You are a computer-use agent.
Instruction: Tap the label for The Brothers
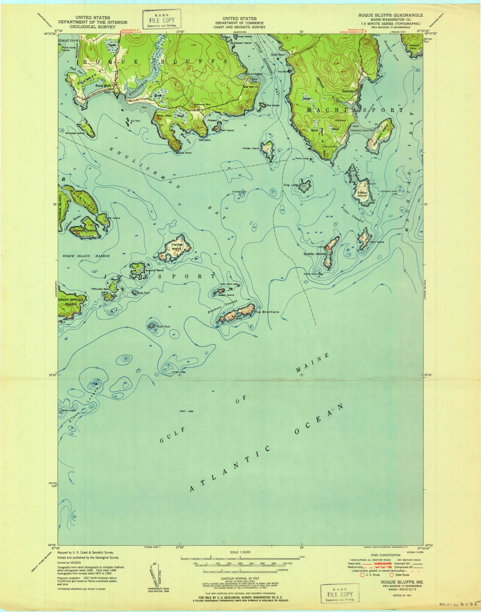(266, 312)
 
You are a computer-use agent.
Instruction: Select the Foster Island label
(362, 194)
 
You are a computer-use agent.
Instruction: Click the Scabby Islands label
(315, 254)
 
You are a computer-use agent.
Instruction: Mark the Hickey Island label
(251, 148)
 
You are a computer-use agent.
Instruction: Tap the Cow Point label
(185, 153)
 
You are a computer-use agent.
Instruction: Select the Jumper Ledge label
(179, 372)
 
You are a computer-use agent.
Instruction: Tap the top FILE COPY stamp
(162, 19)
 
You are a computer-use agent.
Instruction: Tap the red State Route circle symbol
(392, 575)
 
